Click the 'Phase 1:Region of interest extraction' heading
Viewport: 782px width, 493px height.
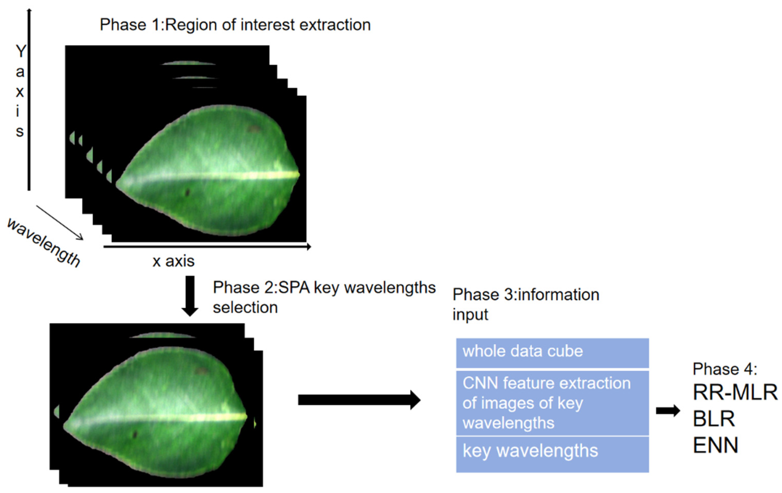235,25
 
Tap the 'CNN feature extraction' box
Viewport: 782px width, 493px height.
552,403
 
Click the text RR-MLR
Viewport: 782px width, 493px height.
735,392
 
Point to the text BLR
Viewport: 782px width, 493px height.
714,419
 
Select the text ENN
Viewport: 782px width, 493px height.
716,445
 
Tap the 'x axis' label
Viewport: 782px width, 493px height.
173,261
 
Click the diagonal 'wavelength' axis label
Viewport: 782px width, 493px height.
44,242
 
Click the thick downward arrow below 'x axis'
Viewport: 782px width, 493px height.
190,295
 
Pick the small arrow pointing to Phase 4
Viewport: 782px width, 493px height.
668,411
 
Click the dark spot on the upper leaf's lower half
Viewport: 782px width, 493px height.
187,193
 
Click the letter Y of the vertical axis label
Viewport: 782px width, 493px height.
21,51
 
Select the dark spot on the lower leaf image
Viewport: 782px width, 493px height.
134,434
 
